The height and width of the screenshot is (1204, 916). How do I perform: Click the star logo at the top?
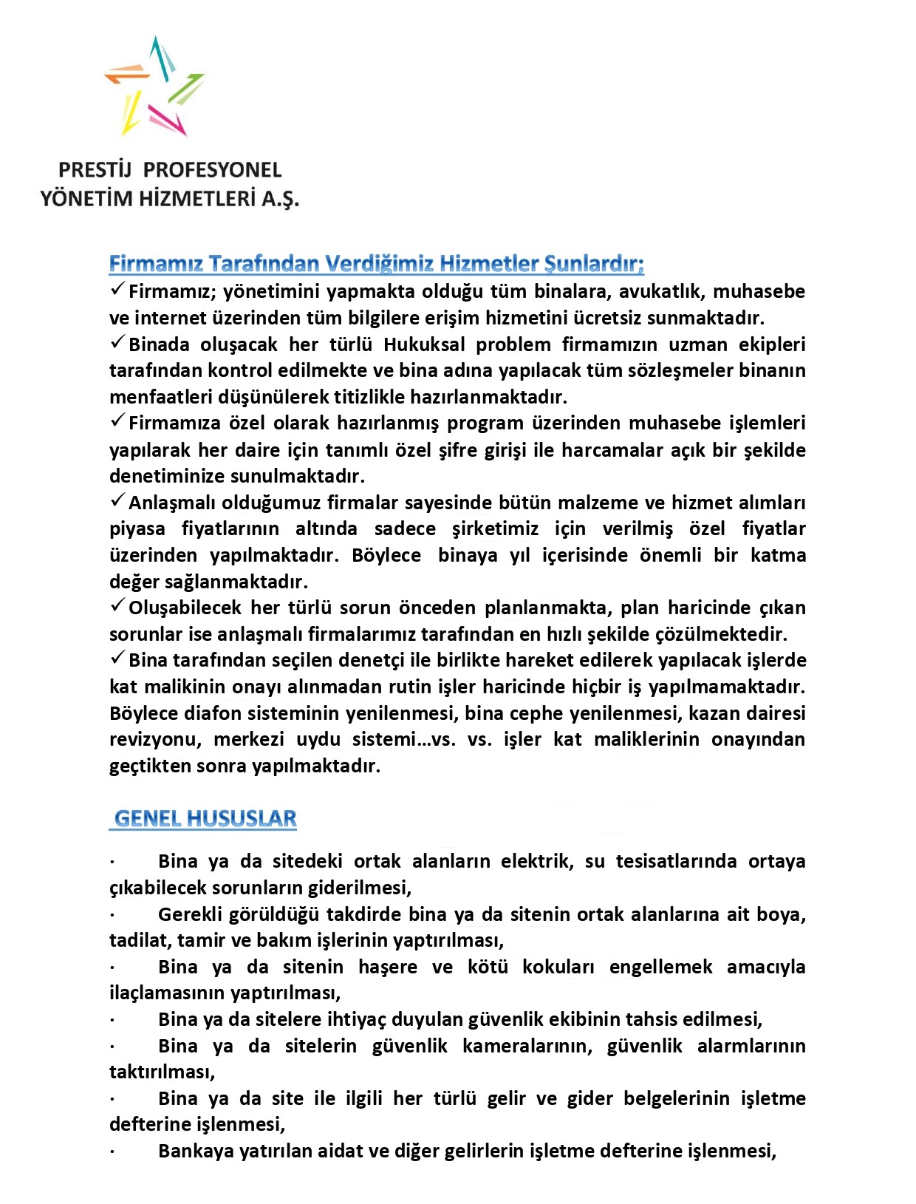(154, 86)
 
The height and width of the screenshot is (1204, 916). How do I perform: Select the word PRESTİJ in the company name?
(95, 170)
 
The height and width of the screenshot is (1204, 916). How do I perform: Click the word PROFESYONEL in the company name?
(213, 170)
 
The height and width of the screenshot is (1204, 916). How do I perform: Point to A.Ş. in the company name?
(281, 199)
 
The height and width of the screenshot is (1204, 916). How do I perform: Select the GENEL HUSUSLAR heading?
(205, 819)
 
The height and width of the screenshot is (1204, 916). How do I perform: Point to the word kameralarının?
(527, 1046)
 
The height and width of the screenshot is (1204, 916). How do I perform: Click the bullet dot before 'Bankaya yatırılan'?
(112, 1152)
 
